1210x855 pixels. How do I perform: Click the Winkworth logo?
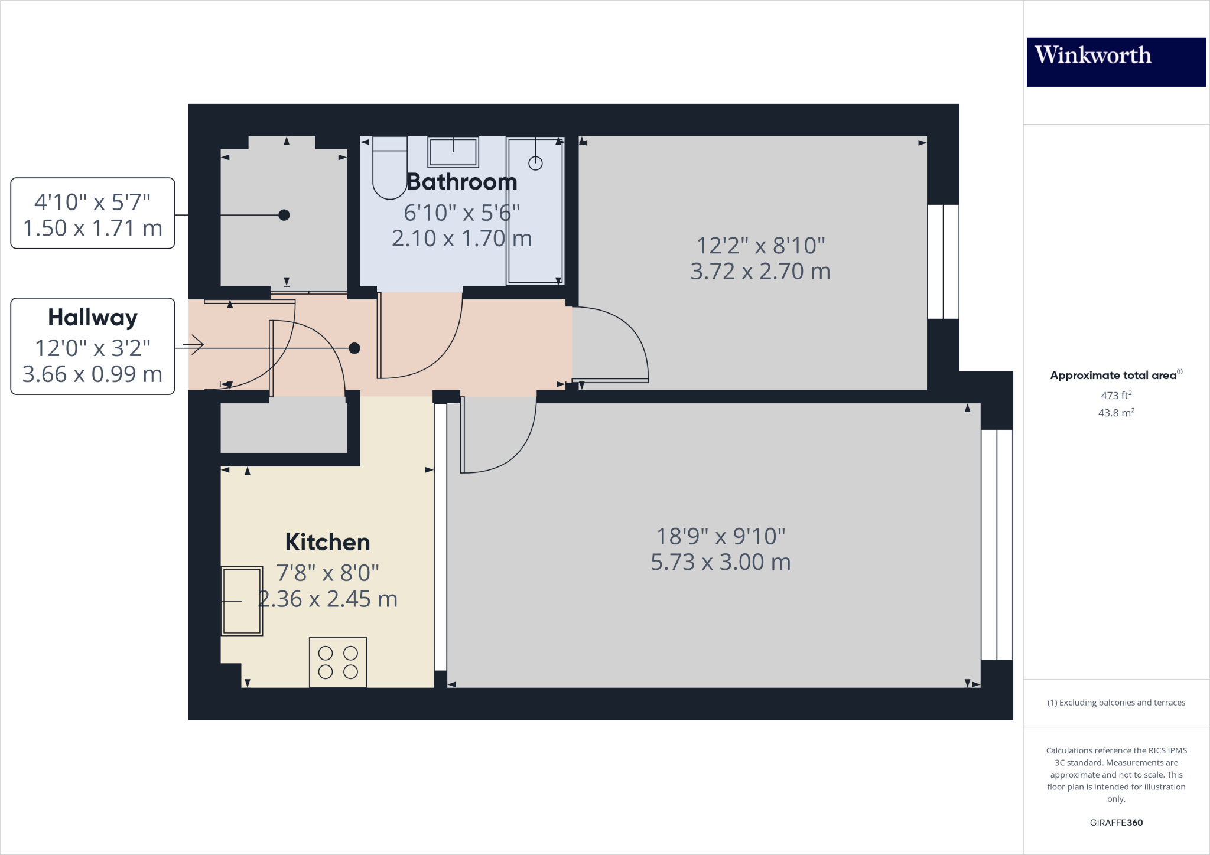(1115, 62)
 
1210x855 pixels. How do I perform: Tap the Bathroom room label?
(462, 182)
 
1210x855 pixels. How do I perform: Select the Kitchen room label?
(327, 542)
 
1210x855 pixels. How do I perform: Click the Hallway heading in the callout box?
(93, 318)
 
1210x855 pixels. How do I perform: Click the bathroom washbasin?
(453, 152)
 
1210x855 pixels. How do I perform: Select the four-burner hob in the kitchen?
(338, 662)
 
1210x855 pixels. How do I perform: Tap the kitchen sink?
(242, 601)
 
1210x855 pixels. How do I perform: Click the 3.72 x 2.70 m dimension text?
(760, 272)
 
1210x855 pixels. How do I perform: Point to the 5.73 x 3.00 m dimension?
(720, 562)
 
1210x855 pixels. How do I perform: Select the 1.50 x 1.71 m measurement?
(93, 229)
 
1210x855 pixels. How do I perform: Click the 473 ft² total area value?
(1116, 395)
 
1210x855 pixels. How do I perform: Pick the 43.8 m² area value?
(1116, 413)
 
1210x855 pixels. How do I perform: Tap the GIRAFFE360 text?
(1116, 823)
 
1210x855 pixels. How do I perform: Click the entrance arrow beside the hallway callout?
(194, 344)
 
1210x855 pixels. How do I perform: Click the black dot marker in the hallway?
(354, 348)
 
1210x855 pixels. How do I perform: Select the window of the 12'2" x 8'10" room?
(943, 262)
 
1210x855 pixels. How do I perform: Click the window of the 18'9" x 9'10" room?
(997, 544)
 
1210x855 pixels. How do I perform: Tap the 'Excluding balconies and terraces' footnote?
(1116, 703)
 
